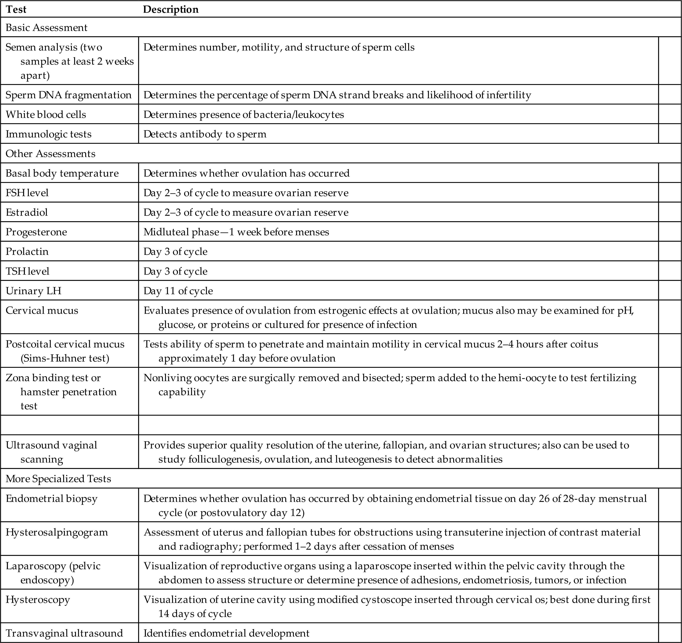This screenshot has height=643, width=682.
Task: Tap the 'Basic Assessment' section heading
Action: pos(47,27)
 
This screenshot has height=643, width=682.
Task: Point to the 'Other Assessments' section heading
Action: pos(50,153)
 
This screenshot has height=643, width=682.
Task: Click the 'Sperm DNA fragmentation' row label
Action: pos(69,95)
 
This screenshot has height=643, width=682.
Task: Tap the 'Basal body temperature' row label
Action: pos(62,173)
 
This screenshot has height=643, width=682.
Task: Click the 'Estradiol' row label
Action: pos(27,213)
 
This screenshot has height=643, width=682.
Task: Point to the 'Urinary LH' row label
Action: pos(34,291)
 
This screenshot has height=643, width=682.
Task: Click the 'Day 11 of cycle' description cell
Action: pos(178,291)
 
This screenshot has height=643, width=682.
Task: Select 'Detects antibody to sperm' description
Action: pos(205,134)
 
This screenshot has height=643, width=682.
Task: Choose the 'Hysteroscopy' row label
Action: pos(38,600)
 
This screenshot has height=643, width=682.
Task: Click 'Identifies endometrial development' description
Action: pos(226,633)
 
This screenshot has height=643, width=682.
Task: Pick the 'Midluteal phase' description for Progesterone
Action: pos(236,232)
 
